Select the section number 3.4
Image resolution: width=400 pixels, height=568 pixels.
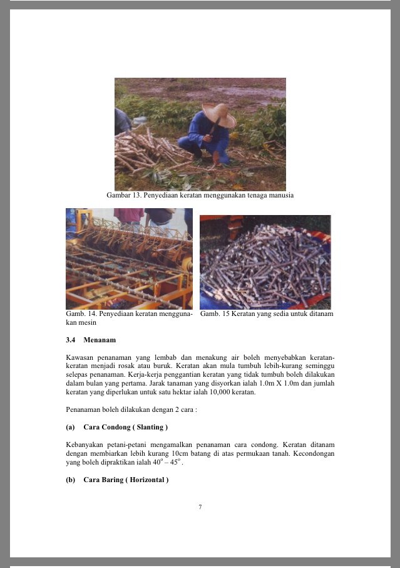click(71, 340)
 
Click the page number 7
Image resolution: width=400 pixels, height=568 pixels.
click(200, 507)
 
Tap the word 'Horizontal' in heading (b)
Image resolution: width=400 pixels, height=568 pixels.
click(146, 480)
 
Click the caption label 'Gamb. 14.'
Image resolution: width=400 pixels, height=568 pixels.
click(80, 313)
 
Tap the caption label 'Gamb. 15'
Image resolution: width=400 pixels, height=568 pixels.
click(214, 313)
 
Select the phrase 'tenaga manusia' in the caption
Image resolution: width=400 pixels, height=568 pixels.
click(270, 196)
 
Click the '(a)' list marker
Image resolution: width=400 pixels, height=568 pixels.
click(70, 428)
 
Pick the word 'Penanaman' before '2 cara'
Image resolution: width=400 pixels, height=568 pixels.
click(85, 410)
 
